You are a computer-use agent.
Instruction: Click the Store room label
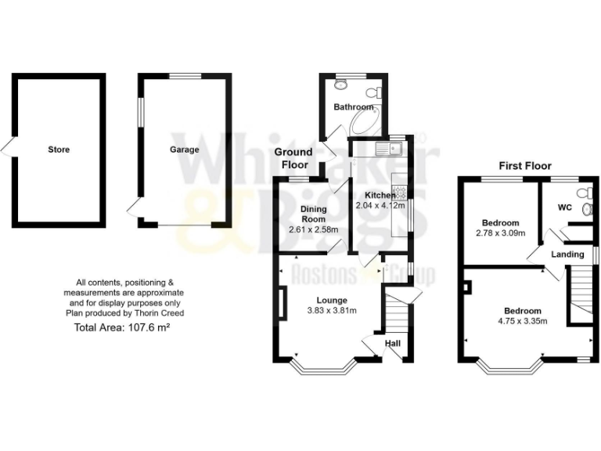point(59,149)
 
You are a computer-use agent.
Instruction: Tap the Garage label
point(185,149)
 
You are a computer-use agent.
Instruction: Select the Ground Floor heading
point(293,157)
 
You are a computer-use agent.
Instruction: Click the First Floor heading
point(525,165)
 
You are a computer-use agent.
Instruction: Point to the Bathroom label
point(354,106)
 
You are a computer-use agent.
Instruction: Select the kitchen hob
point(398,190)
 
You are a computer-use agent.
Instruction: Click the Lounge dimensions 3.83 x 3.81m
point(336,310)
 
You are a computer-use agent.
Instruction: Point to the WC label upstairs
point(564,208)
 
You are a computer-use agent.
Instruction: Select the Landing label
point(567,254)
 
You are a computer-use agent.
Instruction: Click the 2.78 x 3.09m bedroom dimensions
point(501,233)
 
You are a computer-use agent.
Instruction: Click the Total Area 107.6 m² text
point(122,327)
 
